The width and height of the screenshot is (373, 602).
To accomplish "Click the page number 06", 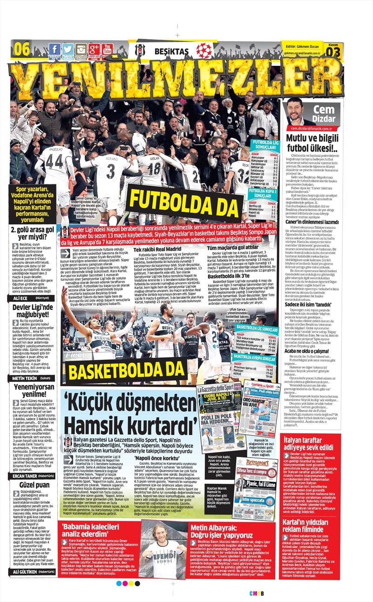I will click(x=22, y=48).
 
